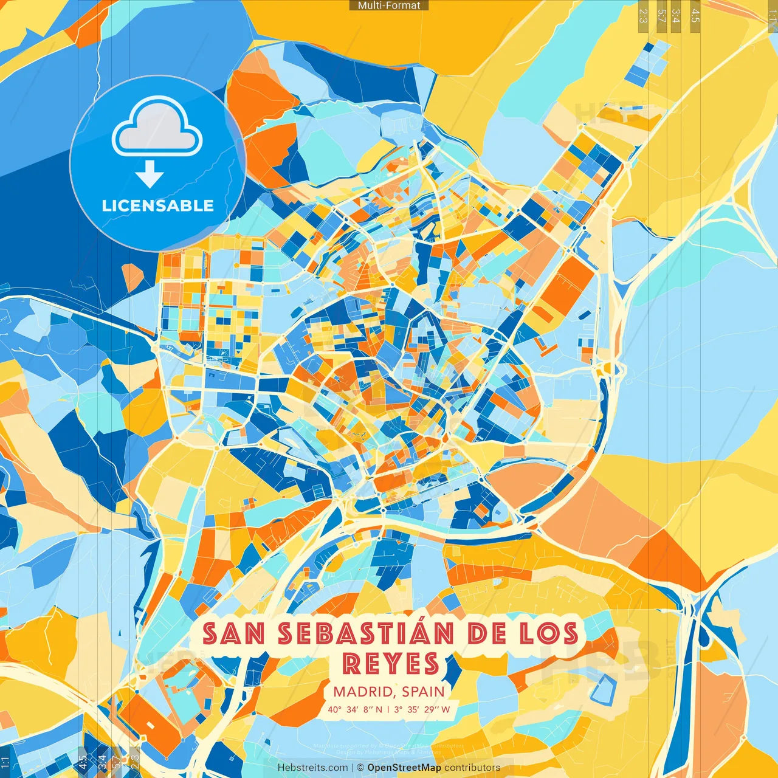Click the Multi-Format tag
pyautogui.click(x=389, y=5)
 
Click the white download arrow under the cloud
pyautogui.click(x=150, y=175)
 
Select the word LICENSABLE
pyautogui.click(x=158, y=205)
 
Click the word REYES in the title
pyautogui.click(x=391, y=663)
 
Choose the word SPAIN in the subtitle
pyautogui.click(x=424, y=692)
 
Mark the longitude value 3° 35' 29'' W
pyautogui.click(x=422, y=709)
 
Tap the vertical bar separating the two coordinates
pyautogui.click(x=388, y=709)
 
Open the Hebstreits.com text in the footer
pyautogui.click(x=313, y=768)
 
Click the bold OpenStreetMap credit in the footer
pyautogui.click(x=404, y=768)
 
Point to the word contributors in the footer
pyautogui.click(x=472, y=768)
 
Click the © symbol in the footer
pyautogui.click(x=360, y=768)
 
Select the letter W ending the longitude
pyautogui.click(x=446, y=709)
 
